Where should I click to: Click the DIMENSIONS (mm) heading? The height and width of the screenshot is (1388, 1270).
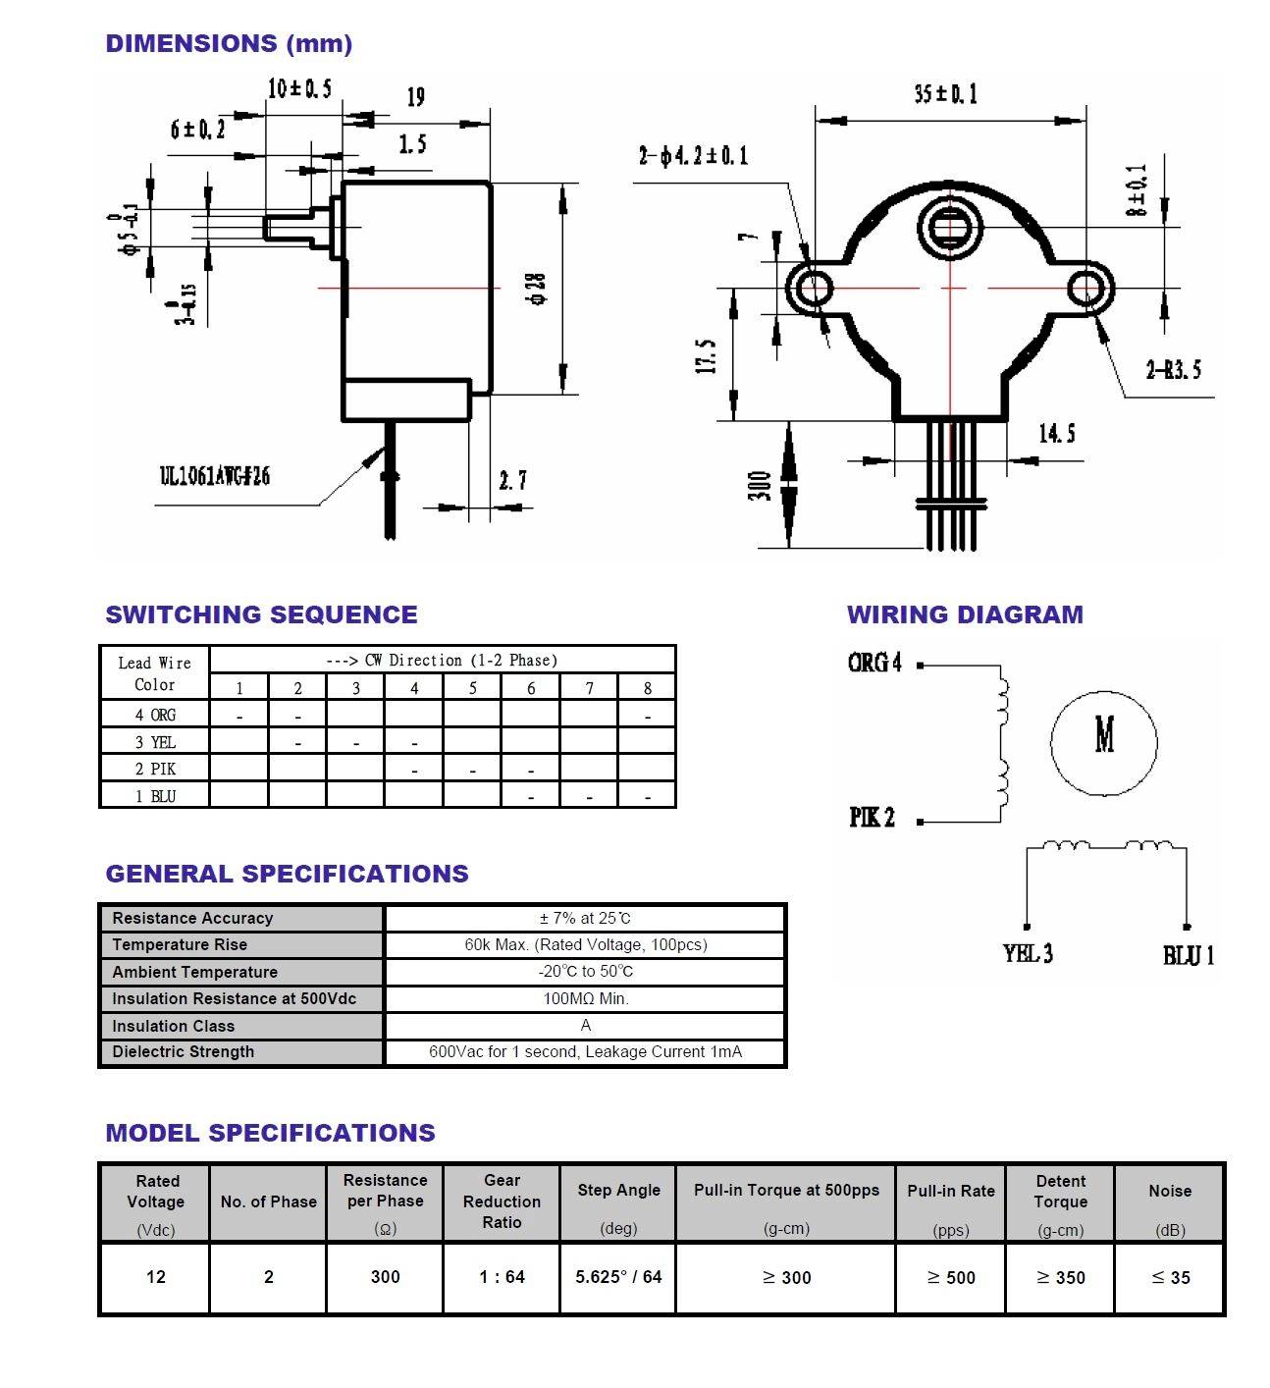click(229, 43)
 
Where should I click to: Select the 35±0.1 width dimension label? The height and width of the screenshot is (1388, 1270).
click(945, 94)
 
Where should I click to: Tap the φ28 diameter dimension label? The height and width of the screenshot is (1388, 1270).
click(537, 288)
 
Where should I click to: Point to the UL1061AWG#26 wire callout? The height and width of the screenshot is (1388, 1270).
click(215, 477)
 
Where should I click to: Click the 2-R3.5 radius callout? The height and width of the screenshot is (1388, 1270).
click(1173, 370)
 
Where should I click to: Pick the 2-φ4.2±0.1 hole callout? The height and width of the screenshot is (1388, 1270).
click(693, 155)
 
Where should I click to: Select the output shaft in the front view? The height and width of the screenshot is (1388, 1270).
click(948, 230)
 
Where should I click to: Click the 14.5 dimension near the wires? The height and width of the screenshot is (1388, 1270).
click(1056, 433)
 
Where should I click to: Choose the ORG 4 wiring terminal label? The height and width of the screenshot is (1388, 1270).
click(874, 664)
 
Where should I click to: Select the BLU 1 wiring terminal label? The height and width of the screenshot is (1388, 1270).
click(1189, 955)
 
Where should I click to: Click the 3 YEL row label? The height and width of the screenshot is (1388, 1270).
click(155, 742)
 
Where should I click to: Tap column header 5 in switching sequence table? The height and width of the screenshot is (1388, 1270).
click(472, 688)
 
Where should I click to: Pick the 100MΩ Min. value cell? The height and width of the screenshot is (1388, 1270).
click(585, 998)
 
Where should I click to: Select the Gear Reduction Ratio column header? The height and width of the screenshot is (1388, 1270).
click(502, 1201)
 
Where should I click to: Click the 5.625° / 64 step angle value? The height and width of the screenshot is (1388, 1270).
click(618, 1277)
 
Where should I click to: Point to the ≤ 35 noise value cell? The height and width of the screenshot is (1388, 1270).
click(1170, 1277)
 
